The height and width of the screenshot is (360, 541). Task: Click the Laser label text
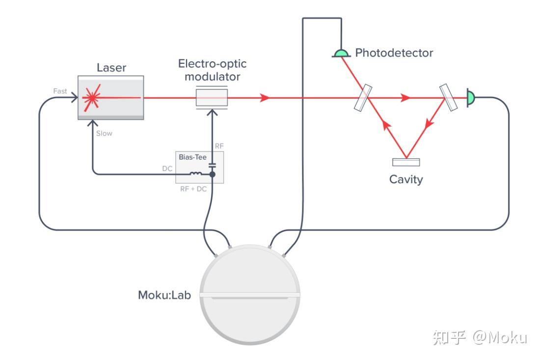(x=111, y=68)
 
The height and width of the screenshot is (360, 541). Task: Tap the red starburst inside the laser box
(x=91, y=98)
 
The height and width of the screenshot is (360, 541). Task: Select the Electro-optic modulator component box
(x=212, y=98)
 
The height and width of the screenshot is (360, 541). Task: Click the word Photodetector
(x=394, y=53)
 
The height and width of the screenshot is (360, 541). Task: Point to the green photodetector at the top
(x=341, y=53)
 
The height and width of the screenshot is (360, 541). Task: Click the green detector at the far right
(x=471, y=98)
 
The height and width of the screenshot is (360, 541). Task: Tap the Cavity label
(x=406, y=179)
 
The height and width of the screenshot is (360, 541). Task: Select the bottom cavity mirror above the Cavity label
(x=406, y=162)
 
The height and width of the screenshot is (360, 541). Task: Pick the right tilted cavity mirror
(x=448, y=97)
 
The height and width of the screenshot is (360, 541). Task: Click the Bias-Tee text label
(x=192, y=157)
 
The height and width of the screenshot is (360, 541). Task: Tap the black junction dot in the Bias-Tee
(x=212, y=174)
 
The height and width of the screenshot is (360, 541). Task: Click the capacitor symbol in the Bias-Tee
(x=212, y=164)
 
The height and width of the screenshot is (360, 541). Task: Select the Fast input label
(x=60, y=91)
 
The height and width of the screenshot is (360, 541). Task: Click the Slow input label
(x=104, y=133)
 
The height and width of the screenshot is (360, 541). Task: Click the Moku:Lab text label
(x=164, y=296)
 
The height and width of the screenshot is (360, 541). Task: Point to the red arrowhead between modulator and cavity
(x=265, y=98)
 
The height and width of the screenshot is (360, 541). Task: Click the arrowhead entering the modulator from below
(x=212, y=112)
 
